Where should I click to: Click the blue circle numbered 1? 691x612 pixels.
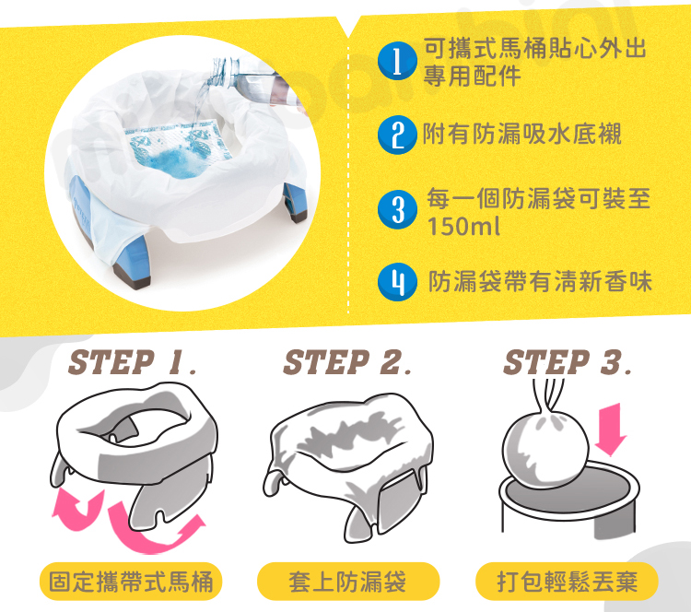(397, 61)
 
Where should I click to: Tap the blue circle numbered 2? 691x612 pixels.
(397, 135)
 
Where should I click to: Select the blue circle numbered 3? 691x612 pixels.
(397, 209)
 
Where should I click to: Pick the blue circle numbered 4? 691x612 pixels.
(397, 282)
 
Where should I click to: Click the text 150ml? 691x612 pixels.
(463, 227)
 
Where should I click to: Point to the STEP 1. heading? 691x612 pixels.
(132, 362)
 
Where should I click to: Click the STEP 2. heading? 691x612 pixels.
(347, 362)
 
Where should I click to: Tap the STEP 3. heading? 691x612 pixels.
(568, 362)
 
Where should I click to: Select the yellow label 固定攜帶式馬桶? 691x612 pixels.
(131, 582)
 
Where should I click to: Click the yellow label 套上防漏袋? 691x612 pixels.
(348, 582)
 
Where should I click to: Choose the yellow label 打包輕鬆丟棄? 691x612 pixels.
(567, 582)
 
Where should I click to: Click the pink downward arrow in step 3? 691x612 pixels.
(611, 429)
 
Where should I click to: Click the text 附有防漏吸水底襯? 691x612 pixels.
(522, 134)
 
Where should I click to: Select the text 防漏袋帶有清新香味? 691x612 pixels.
(540, 281)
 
